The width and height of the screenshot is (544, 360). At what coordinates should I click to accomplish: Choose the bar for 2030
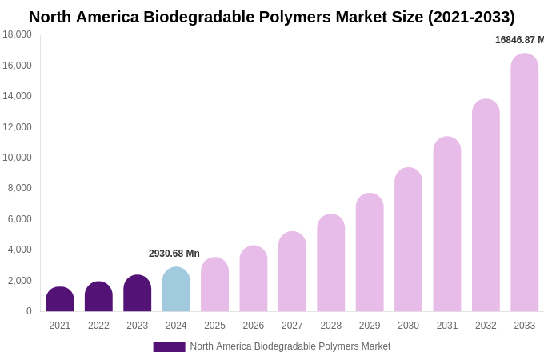click(408, 239)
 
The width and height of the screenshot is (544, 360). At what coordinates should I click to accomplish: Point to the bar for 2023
click(138, 294)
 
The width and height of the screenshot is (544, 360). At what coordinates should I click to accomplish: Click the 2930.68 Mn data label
click(174, 254)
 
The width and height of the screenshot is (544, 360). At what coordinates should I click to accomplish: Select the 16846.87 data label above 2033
click(519, 40)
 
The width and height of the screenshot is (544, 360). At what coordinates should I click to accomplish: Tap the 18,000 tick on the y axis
click(18, 34)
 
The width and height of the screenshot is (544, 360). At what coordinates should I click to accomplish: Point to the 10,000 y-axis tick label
click(18, 158)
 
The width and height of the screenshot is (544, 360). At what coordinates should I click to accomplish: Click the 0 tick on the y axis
click(29, 311)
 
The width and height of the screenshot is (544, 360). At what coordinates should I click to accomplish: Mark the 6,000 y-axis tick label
click(20, 219)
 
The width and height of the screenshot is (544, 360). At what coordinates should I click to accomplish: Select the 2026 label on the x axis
click(254, 326)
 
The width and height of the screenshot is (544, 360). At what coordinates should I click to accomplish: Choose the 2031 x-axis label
click(447, 326)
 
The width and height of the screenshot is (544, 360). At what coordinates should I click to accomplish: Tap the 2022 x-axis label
click(98, 326)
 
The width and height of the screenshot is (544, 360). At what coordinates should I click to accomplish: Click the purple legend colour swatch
click(169, 347)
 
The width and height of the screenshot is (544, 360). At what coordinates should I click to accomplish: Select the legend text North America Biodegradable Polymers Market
click(290, 346)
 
